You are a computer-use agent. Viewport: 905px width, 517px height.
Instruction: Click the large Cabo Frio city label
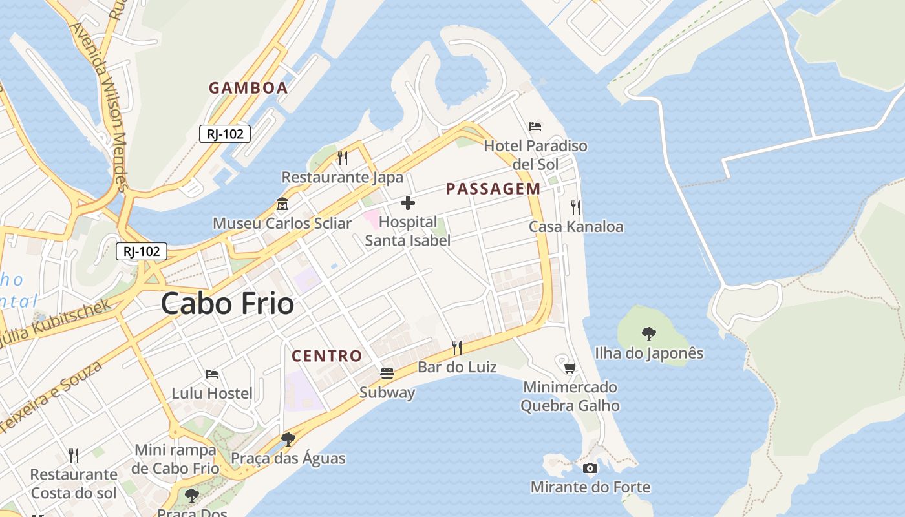click(x=227, y=303)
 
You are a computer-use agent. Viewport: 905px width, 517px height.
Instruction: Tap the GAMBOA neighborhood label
click(x=248, y=88)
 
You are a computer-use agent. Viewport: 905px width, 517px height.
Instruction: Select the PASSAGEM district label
click(x=493, y=189)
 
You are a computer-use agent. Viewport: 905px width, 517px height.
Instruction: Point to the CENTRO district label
click(x=326, y=355)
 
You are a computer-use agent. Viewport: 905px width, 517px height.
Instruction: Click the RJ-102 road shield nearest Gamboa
click(x=224, y=134)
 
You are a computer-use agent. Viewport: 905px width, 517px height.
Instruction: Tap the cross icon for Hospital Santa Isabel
click(x=408, y=203)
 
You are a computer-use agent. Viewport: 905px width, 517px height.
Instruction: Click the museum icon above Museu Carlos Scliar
click(x=282, y=204)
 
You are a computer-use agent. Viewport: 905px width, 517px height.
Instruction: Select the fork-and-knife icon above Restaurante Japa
click(x=343, y=158)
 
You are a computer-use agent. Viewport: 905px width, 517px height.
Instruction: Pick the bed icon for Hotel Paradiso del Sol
click(x=535, y=126)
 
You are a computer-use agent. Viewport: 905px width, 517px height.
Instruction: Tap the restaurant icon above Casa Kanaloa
click(x=575, y=207)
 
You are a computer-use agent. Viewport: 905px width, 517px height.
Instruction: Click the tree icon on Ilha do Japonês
click(x=648, y=333)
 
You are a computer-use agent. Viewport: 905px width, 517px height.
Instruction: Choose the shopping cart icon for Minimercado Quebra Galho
click(x=570, y=368)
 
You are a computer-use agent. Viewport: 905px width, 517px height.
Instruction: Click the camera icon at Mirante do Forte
click(x=590, y=468)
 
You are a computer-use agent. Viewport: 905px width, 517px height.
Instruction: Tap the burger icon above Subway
click(x=387, y=373)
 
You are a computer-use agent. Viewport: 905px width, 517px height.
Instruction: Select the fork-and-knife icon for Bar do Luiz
click(x=456, y=348)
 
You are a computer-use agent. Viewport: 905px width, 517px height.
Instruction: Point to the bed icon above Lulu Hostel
click(x=211, y=374)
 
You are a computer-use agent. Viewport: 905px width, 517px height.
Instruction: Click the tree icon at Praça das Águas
click(x=288, y=439)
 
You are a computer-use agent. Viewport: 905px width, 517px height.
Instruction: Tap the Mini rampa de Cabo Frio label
click(x=175, y=459)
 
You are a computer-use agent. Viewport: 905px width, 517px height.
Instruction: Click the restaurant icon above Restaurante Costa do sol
click(x=74, y=456)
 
